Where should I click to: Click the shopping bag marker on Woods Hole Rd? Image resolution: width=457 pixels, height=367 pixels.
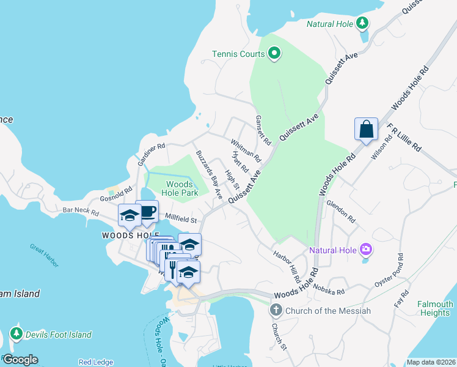click(366, 130)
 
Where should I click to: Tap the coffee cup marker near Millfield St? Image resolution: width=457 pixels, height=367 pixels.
click(147, 212)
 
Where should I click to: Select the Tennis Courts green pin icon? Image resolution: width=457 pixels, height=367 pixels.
click(274, 54)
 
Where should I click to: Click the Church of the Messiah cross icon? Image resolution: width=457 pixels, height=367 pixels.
click(276, 311)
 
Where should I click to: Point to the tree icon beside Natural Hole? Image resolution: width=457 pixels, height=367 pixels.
click(362, 24)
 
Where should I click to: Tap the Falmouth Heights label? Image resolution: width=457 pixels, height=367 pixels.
click(435, 308)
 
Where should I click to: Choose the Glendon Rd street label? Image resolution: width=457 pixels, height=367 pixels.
click(341, 210)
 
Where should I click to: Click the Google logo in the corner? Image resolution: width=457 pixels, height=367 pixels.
click(20, 360)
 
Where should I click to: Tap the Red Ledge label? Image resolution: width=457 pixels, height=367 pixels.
click(95, 362)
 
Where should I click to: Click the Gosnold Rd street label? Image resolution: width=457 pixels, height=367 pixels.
click(116, 195)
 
